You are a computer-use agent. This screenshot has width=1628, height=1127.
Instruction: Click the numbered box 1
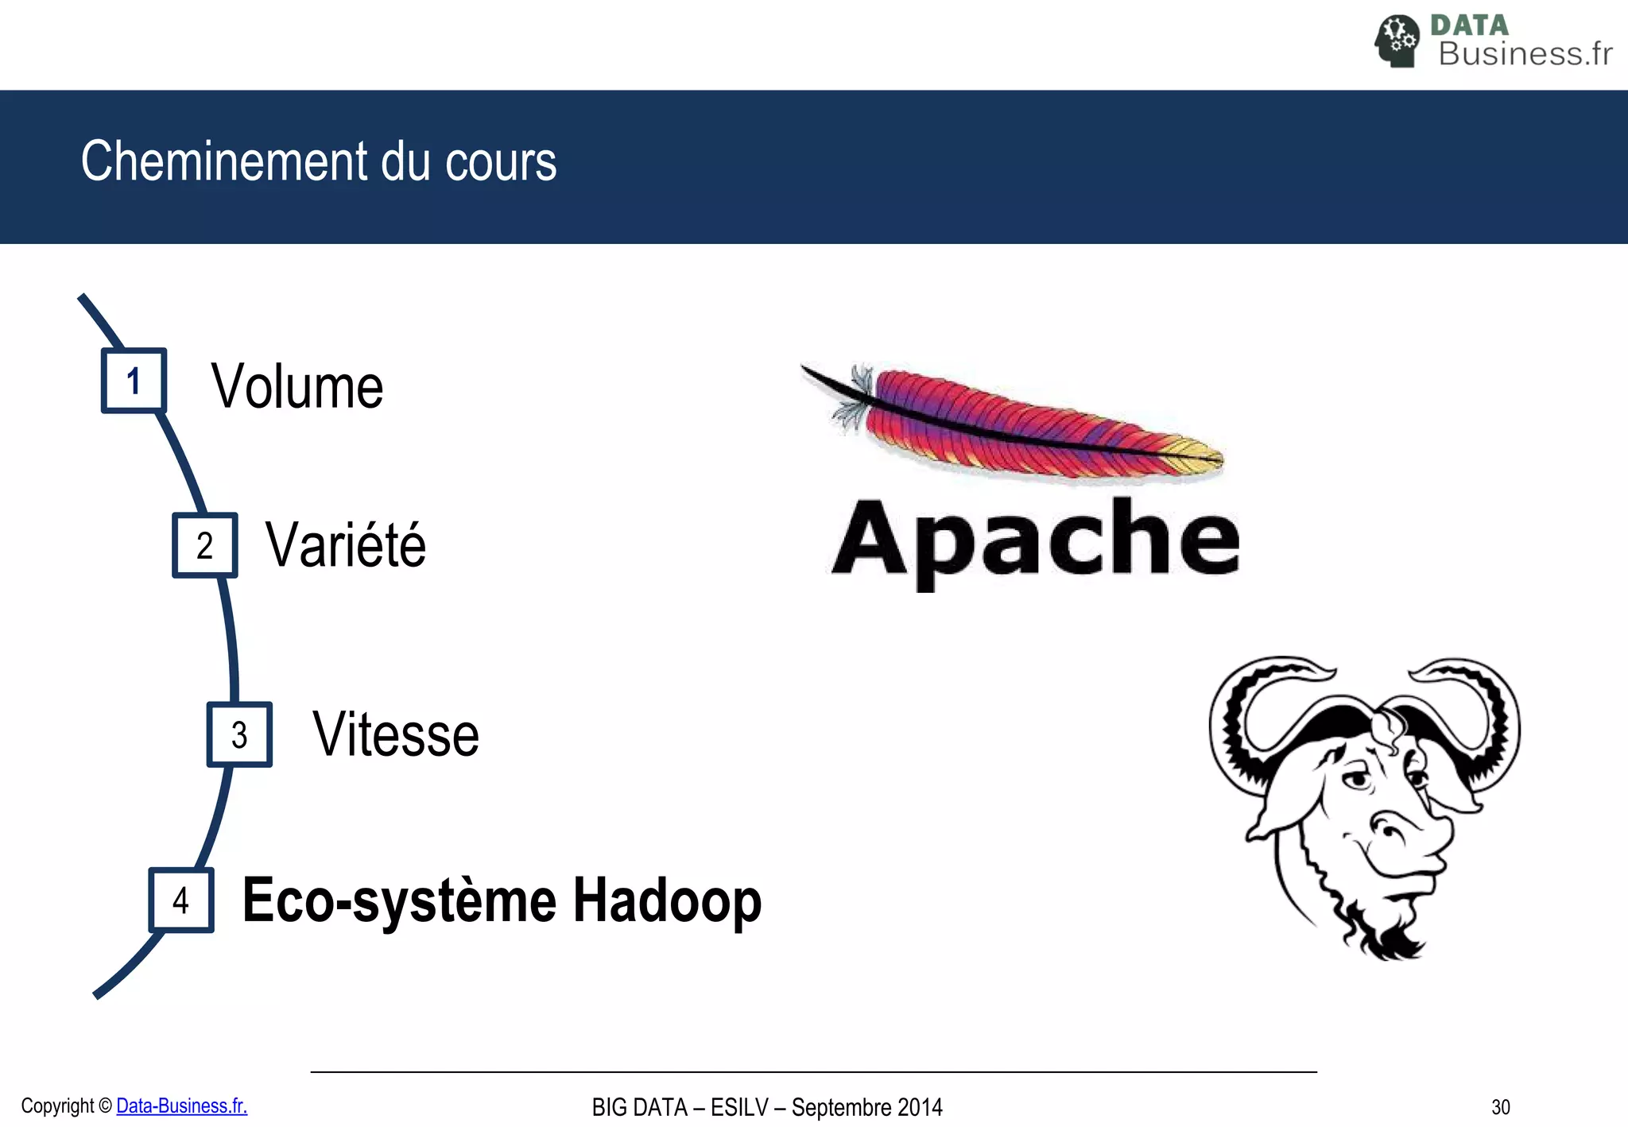134,381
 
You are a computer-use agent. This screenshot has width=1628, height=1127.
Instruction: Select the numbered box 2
205,545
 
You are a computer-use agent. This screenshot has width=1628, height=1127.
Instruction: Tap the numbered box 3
239,734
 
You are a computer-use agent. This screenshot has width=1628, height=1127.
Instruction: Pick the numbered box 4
181,900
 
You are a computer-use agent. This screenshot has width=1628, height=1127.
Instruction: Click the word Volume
297,386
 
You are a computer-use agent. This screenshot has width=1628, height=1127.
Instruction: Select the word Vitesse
396,734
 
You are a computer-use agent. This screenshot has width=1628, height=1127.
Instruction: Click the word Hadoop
667,900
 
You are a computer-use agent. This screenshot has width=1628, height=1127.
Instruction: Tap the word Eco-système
399,902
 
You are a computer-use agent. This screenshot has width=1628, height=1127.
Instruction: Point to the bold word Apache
1035,540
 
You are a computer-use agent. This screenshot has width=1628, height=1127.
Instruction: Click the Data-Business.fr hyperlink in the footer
181,1106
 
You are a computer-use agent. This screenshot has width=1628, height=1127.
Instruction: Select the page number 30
1500,1107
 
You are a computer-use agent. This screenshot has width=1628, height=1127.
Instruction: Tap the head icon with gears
1397,41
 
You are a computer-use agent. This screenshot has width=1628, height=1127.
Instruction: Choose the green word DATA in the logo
1469,25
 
